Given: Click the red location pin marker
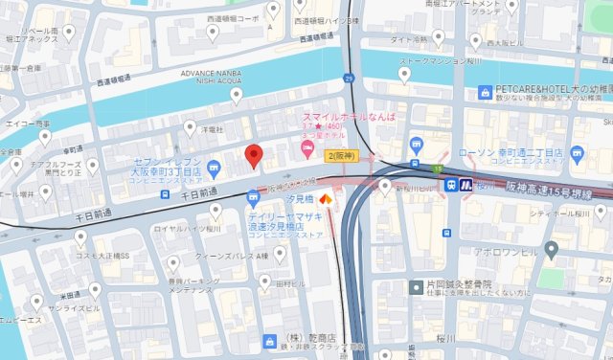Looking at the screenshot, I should (254, 155).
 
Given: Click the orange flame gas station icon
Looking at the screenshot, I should (325, 200).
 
